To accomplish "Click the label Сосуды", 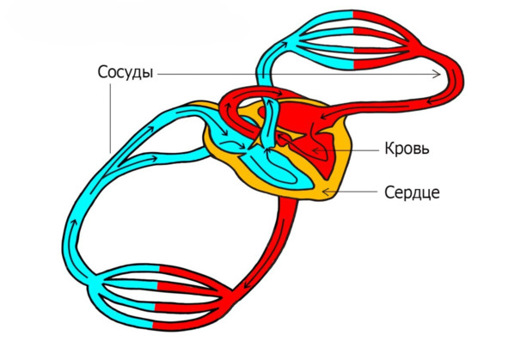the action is point(125,72).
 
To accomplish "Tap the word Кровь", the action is point(407,149).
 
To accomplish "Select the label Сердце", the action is point(412,192).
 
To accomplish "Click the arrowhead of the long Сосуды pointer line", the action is point(438,74).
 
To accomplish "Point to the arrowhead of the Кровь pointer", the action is point(315,150).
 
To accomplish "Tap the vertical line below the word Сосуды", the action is point(111,119).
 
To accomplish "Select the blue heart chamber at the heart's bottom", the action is point(278,172).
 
